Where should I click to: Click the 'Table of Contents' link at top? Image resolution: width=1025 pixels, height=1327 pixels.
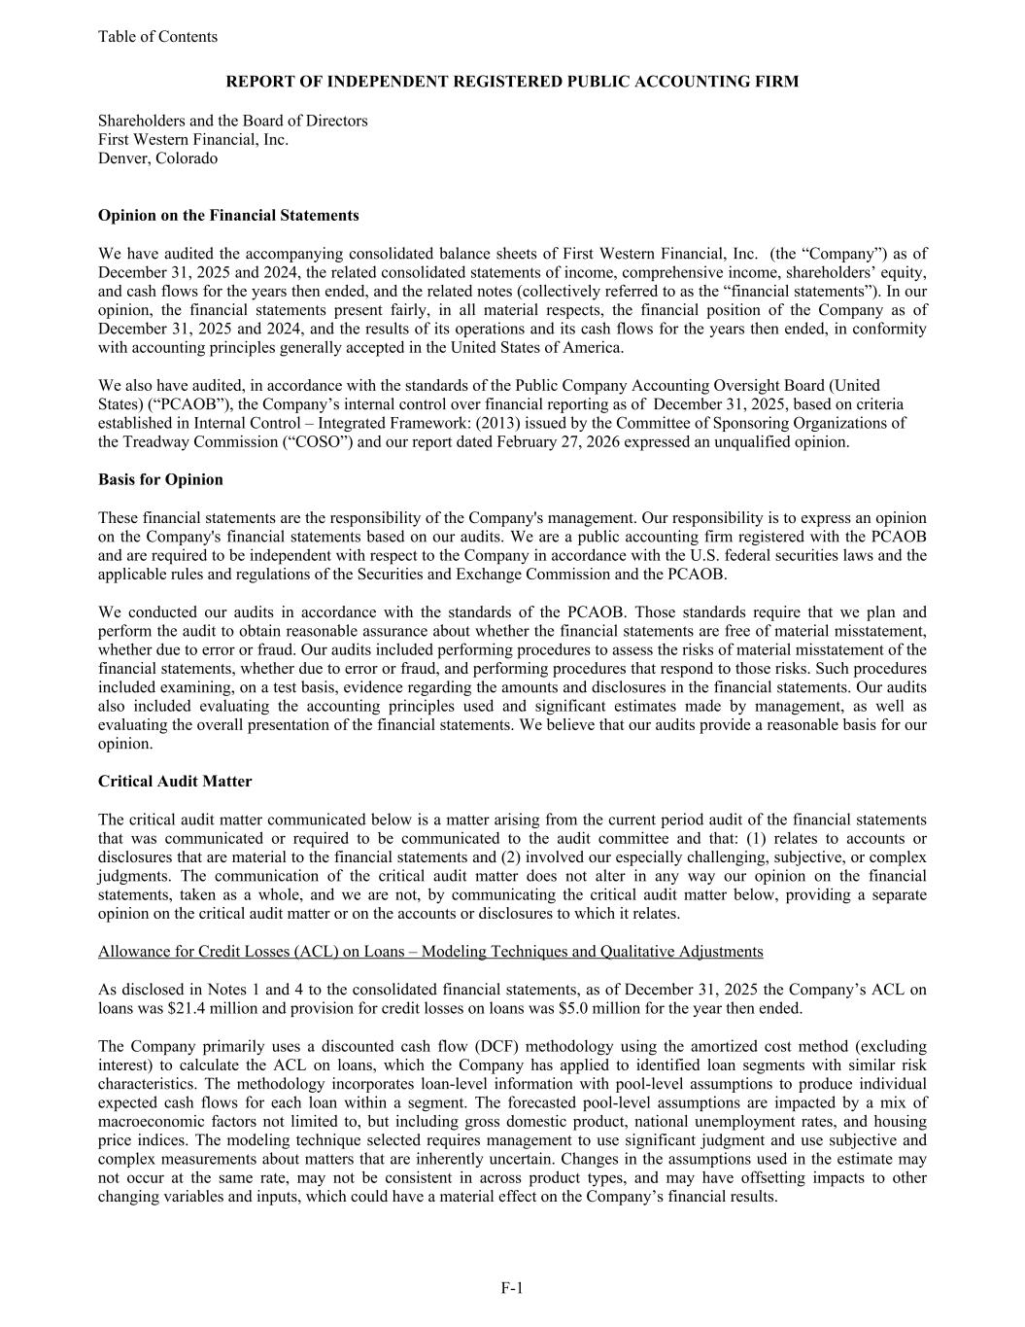pyautogui.click(x=157, y=37)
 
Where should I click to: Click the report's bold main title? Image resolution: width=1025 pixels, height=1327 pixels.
pyautogui.click(x=512, y=82)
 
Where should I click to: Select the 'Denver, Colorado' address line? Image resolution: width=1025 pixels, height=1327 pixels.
pyautogui.click(x=157, y=158)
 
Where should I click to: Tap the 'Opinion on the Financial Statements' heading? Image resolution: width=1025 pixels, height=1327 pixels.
pyautogui.click(x=228, y=216)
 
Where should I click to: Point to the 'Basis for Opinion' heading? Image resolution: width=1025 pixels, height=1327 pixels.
pyautogui.click(x=160, y=479)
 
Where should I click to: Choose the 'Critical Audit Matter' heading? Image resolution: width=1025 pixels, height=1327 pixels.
pyautogui.click(x=175, y=782)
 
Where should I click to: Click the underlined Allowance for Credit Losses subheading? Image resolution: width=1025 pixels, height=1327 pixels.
pyautogui.click(x=430, y=952)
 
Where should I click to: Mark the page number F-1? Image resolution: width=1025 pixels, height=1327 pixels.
pyautogui.click(x=512, y=1288)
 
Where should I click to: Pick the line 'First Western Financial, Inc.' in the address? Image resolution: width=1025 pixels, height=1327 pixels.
pyautogui.click(x=193, y=139)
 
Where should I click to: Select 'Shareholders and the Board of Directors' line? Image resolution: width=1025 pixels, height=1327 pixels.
pyautogui.click(x=233, y=121)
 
